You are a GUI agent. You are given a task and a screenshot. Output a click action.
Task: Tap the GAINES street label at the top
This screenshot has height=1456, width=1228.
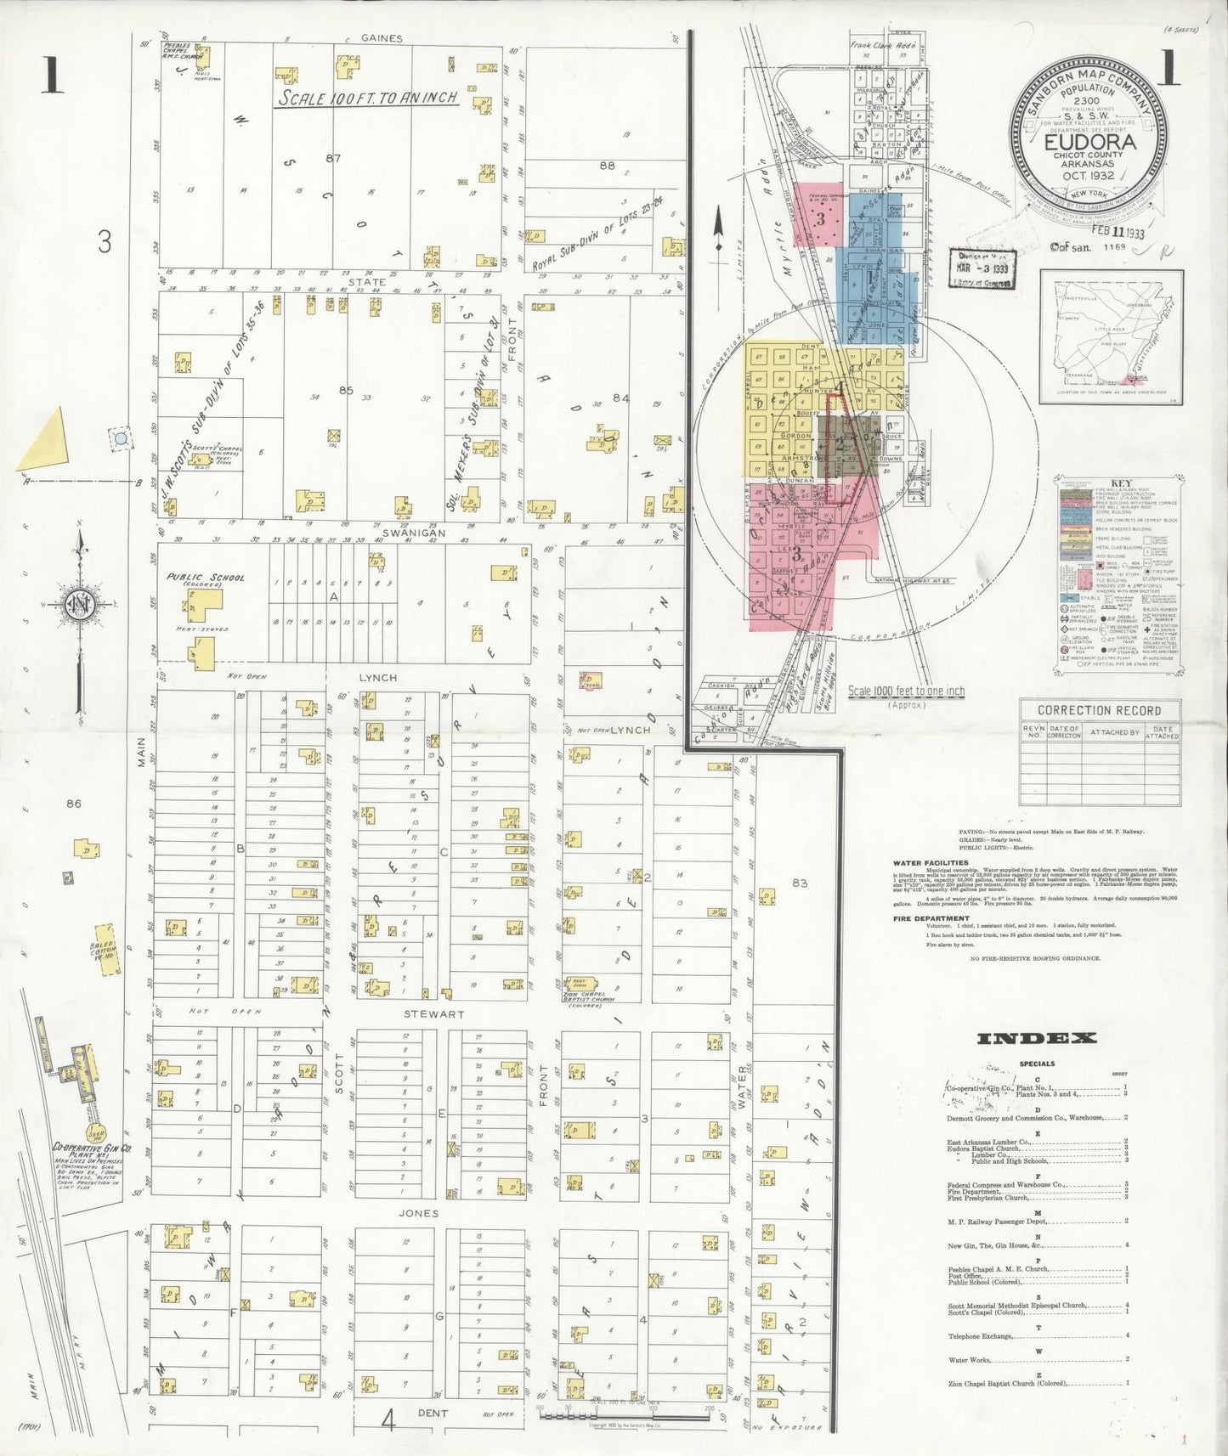pyautogui.click(x=381, y=38)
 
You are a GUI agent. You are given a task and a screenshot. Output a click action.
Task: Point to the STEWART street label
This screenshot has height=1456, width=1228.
pyautogui.click(x=433, y=1013)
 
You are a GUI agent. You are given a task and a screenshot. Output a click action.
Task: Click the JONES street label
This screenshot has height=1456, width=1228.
pyautogui.click(x=419, y=1213)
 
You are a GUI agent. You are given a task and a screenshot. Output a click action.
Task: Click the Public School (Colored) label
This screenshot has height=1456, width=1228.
pyautogui.click(x=205, y=581)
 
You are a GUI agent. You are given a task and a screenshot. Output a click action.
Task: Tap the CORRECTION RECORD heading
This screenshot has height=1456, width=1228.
pyautogui.click(x=1099, y=710)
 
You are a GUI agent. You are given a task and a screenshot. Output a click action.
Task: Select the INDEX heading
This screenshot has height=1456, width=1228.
pyautogui.click(x=1037, y=1037)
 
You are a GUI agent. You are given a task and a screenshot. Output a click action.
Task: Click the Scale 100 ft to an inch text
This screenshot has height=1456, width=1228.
pyautogui.click(x=368, y=99)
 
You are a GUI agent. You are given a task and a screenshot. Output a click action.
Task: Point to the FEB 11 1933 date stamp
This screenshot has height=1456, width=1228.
pyautogui.click(x=1118, y=232)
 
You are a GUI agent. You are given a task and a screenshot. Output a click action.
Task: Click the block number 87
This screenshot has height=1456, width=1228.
pyautogui.click(x=332, y=158)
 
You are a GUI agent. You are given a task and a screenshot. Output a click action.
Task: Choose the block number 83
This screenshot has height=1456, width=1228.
pyautogui.click(x=800, y=883)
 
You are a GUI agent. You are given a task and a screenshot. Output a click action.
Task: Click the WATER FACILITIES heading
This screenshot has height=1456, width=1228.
pyautogui.click(x=931, y=863)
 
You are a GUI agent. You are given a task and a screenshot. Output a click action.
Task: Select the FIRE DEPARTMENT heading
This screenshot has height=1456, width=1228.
pyautogui.click(x=931, y=918)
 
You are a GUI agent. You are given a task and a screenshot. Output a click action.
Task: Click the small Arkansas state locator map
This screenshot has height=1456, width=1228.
pyautogui.click(x=1111, y=337)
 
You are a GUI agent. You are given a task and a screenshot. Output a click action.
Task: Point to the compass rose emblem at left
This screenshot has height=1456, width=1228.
pyautogui.click(x=80, y=605)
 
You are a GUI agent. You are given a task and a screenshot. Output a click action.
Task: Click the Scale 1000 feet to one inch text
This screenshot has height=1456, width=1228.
pyautogui.click(x=906, y=691)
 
